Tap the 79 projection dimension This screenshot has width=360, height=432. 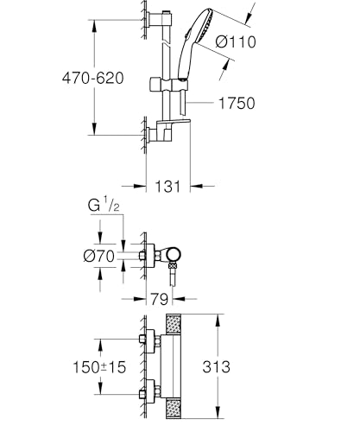pyautogui.click(x=158, y=300)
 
